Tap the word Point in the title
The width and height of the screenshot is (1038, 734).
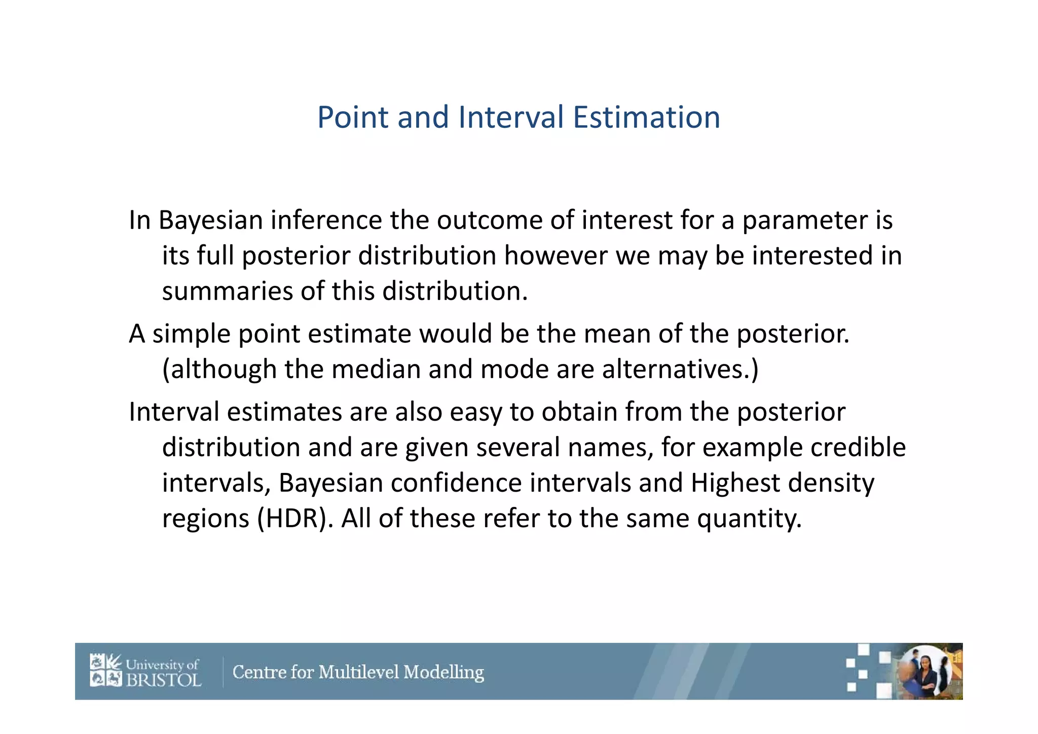point(353,117)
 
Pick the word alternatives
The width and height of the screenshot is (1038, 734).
point(680,369)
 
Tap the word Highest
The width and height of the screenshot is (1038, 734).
point(735,483)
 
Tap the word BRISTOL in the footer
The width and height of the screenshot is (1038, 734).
point(163,680)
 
